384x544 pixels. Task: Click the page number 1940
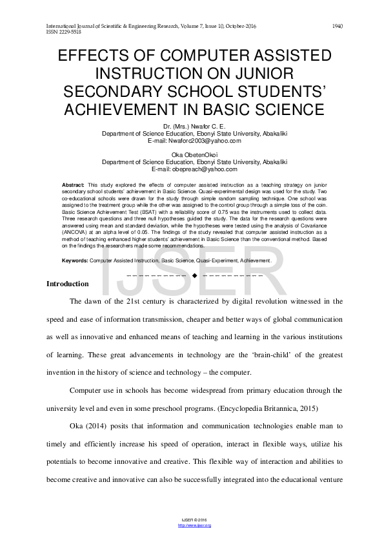(x=337, y=26)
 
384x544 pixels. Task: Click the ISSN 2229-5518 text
(x=64, y=31)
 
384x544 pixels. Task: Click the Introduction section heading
(x=68, y=284)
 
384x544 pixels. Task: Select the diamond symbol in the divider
(x=194, y=276)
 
